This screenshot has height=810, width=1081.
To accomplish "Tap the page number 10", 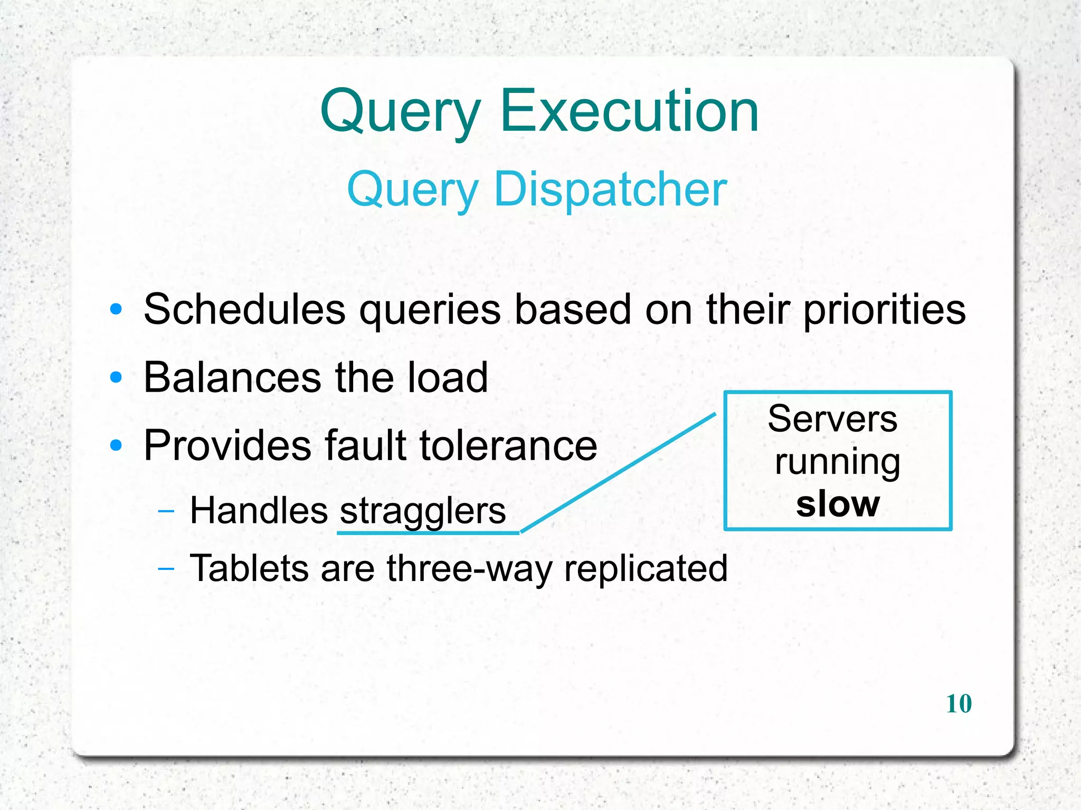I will click(x=959, y=703).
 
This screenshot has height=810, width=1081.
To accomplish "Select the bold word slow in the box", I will click(x=838, y=504).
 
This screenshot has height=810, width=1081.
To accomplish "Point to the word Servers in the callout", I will click(x=832, y=419).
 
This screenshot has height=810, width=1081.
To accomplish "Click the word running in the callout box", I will click(x=838, y=462).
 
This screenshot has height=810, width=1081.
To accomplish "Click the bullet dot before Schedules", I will click(x=116, y=309).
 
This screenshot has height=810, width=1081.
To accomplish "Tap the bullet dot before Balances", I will click(x=116, y=378).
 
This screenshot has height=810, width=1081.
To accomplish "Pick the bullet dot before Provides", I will click(x=116, y=446).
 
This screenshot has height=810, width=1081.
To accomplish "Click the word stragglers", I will click(x=422, y=511).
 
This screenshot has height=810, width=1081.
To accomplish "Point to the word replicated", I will click(x=646, y=568).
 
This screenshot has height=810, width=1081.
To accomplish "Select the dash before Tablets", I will click(x=166, y=568).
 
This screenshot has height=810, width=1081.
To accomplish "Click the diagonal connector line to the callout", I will click(x=618, y=473).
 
